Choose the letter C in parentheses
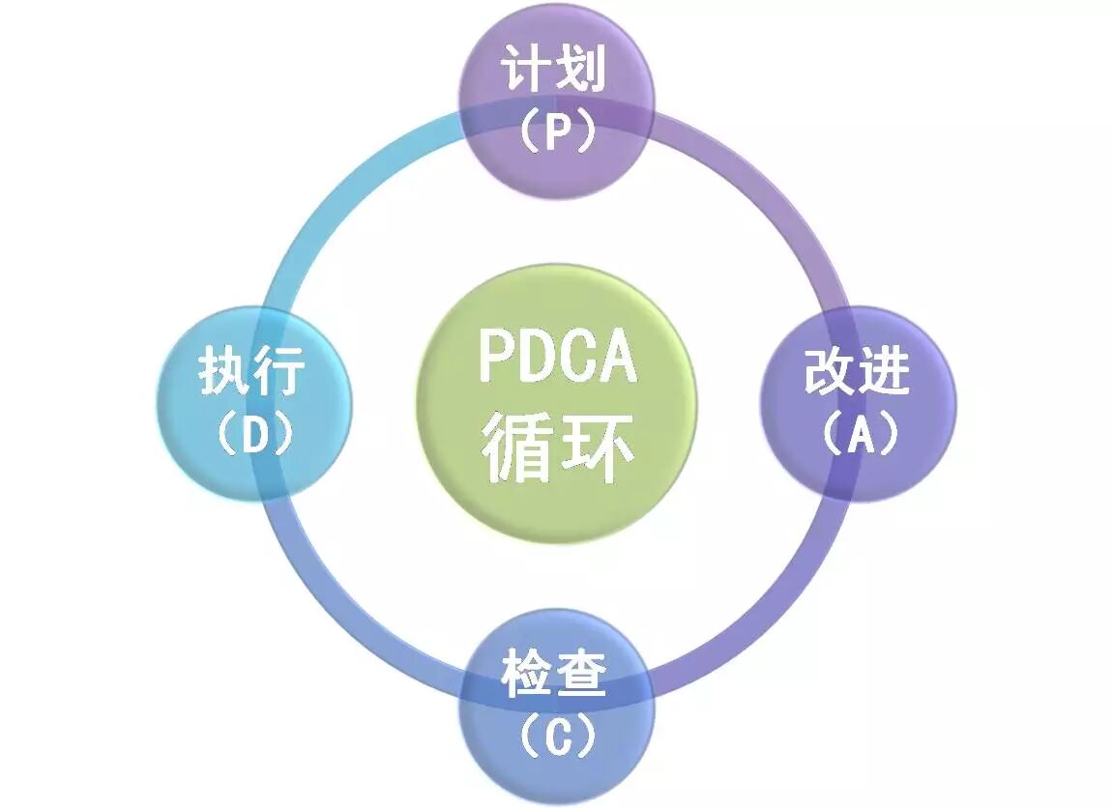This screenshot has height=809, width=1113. tap(556, 737)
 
